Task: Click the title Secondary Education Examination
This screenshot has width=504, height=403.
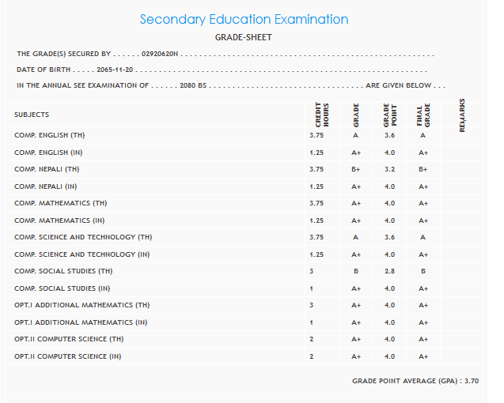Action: click(x=244, y=20)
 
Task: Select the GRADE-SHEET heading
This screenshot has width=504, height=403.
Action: click(x=244, y=37)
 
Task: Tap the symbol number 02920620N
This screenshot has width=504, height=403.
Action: click(x=161, y=54)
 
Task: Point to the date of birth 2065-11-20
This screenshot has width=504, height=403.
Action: click(x=116, y=70)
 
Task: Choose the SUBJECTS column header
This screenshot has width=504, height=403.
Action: click(x=32, y=115)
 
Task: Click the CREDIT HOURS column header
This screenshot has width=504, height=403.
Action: click(x=322, y=115)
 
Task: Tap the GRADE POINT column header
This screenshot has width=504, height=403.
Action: click(x=389, y=115)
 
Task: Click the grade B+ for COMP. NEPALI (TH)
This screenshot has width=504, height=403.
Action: click(x=356, y=169)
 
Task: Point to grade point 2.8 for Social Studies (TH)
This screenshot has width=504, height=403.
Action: click(x=389, y=271)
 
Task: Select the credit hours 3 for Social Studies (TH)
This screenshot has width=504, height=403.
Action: click(x=312, y=271)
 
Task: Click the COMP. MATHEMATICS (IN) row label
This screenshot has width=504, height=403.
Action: click(x=60, y=220)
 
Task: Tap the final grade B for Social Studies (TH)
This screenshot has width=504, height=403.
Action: click(x=423, y=271)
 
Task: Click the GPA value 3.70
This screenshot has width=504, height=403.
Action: click(x=471, y=381)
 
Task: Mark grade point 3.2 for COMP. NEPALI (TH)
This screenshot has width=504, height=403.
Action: click(x=389, y=169)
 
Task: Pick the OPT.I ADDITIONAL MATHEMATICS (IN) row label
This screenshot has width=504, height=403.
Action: click(x=81, y=322)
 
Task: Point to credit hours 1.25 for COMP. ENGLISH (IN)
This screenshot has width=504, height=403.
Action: click(x=316, y=153)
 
